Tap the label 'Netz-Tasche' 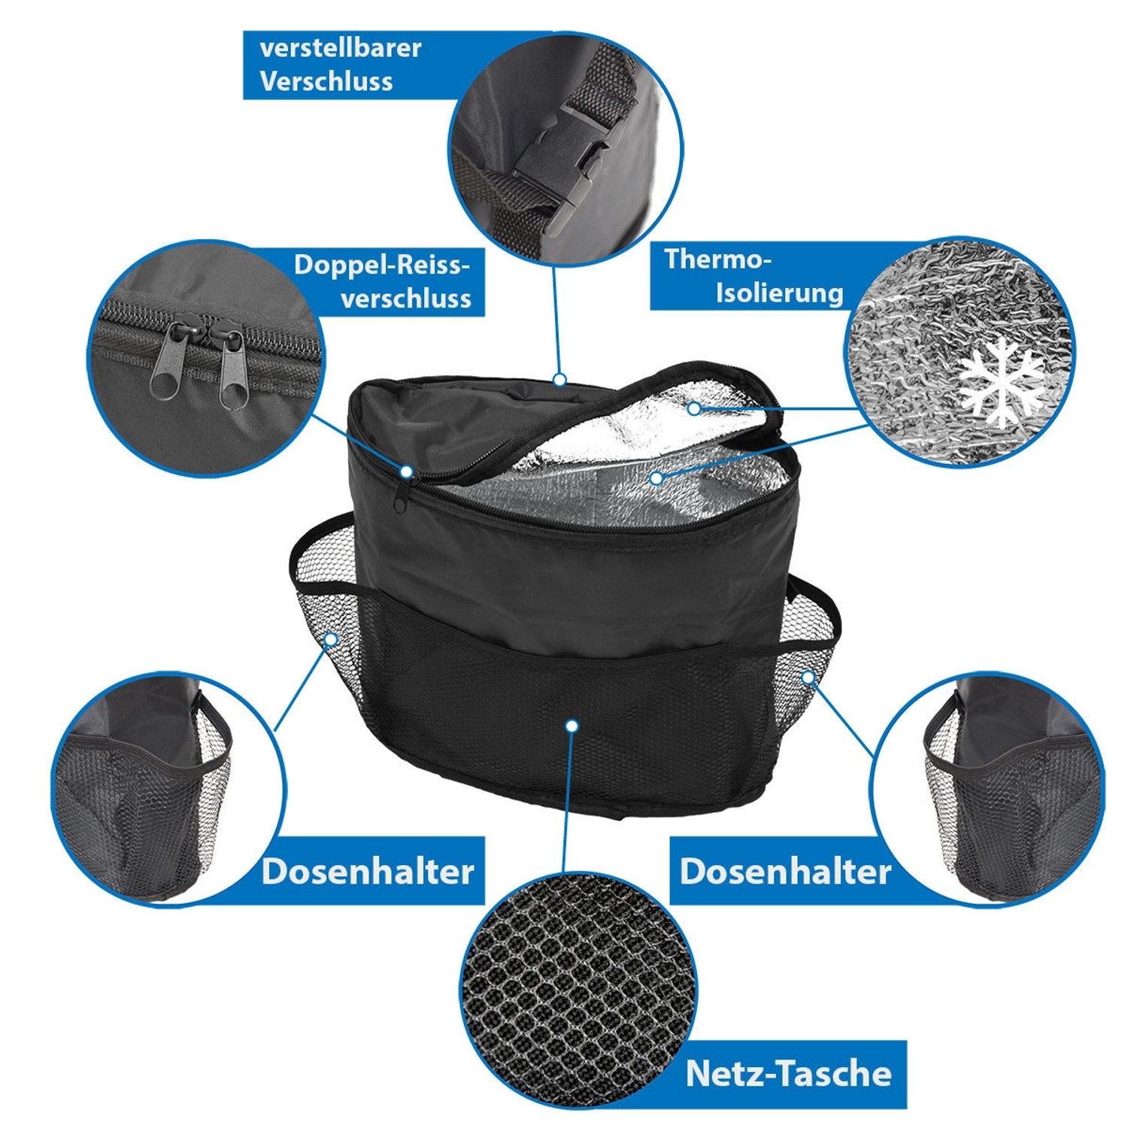[x=788, y=1073]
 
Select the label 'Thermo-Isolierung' [x=752, y=276]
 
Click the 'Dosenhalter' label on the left [x=368, y=871]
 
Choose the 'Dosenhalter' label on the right [x=785, y=871]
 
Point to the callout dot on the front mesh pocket [x=572, y=726]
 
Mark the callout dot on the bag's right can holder [x=808, y=677]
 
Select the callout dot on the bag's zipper [x=406, y=472]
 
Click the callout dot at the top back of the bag [x=559, y=380]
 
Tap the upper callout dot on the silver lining [x=693, y=408]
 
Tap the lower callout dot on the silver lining [x=656, y=477]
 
